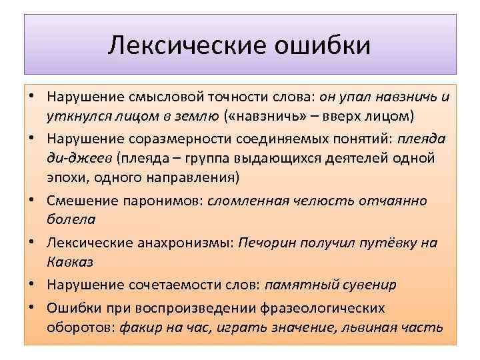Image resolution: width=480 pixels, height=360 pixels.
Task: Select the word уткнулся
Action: [x=73, y=117]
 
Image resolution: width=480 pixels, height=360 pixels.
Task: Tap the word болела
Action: [x=71, y=219]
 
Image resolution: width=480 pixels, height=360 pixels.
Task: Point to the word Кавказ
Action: [x=70, y=261]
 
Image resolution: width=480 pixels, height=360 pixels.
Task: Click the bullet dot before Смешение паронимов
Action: [x=31, y=201]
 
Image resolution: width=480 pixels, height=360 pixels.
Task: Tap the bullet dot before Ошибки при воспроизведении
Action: [x=31, y=308]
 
